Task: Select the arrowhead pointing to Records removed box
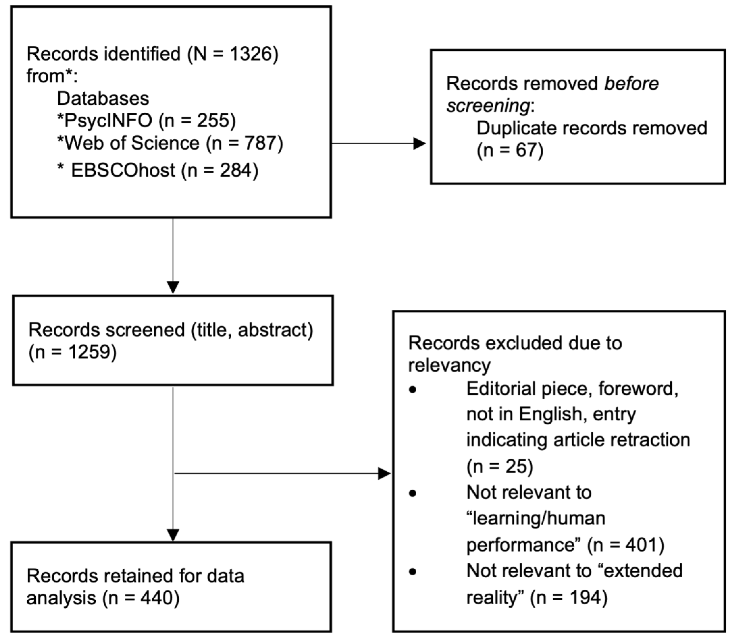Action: pyautogui.click(x=419, y=144)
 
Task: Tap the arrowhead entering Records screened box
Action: pyautogui.click(x=173, y=287)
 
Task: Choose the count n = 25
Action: pyautogui.click(x=499, y=466)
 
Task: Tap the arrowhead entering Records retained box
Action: pyautogui.click(x=173, y=535)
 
